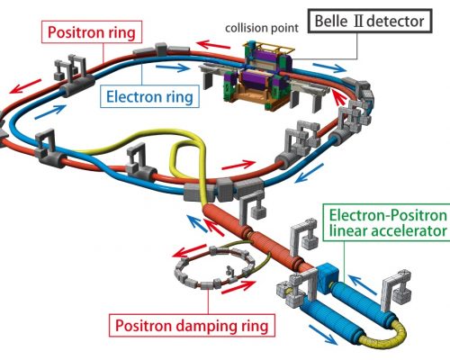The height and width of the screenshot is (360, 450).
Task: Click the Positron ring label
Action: (x=92, y=32)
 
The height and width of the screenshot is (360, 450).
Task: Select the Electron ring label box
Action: (x=149, y=96)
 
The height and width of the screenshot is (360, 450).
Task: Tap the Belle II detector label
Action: (x=370, y=21)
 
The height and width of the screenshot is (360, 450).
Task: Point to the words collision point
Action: (x=262, y=28)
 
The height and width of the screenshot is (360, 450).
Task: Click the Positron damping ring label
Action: (x=192, y=325)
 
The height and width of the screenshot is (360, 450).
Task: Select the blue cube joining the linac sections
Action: (x=328, y=277)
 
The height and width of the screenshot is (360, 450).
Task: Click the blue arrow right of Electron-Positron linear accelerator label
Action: (x=363, y=284)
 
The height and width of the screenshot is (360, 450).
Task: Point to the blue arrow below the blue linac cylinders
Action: (x=323, y=335)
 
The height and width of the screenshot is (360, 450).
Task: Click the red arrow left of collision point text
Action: (x=213, y=44)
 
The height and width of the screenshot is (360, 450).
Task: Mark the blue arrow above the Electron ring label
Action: (x=173, y=67)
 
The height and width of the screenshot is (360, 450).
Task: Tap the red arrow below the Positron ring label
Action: (x=25, y=86)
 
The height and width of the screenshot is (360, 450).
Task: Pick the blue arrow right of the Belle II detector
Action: (x=329, y=67)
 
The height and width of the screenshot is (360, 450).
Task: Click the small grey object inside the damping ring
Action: (x=229, y=271)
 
